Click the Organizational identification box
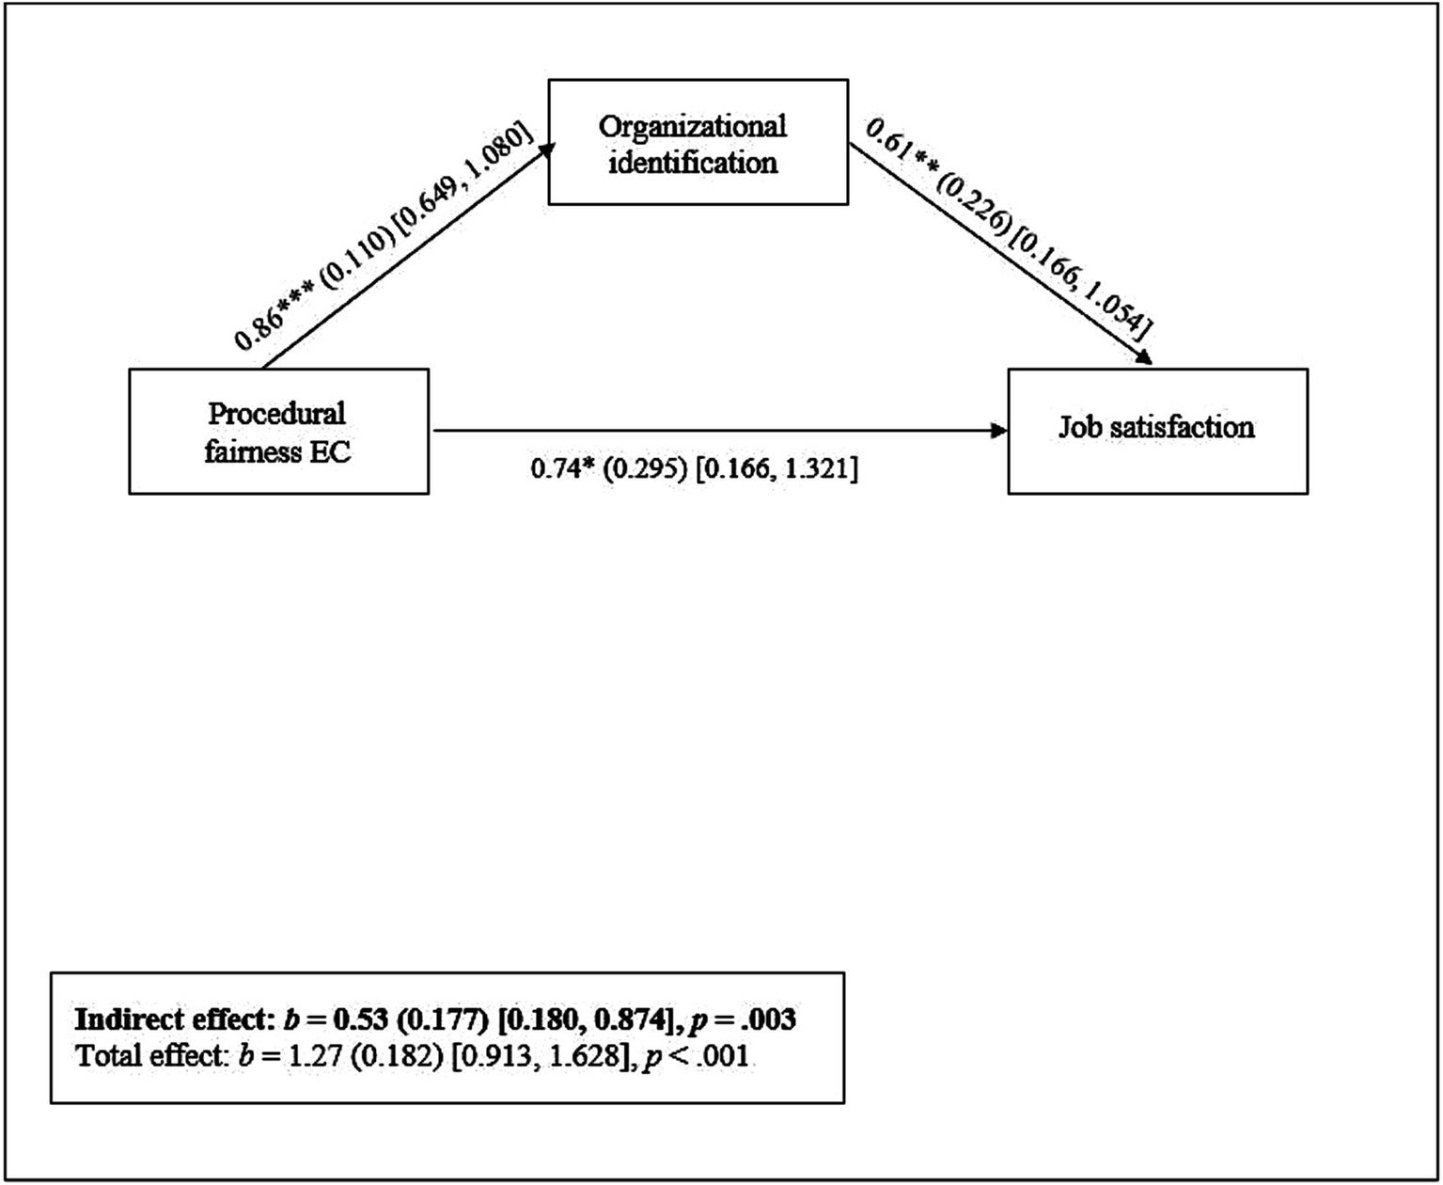pyautogui.click(x=698, y=143)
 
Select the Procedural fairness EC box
pyautogui.click(x=278, y=432)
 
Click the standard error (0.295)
pyautogui.click(x=644, y=468)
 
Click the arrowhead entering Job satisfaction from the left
pyautogui.click(x=998, y=432)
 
